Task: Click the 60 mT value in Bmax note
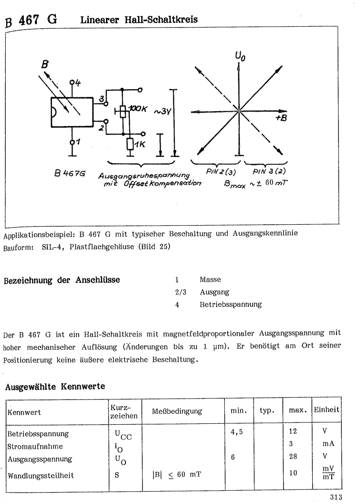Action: click(x=285, y=181)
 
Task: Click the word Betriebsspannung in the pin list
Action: click(x=230, y=304)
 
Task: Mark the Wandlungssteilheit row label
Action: click(x=40, y=475)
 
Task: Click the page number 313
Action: click(x=337, y=498)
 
